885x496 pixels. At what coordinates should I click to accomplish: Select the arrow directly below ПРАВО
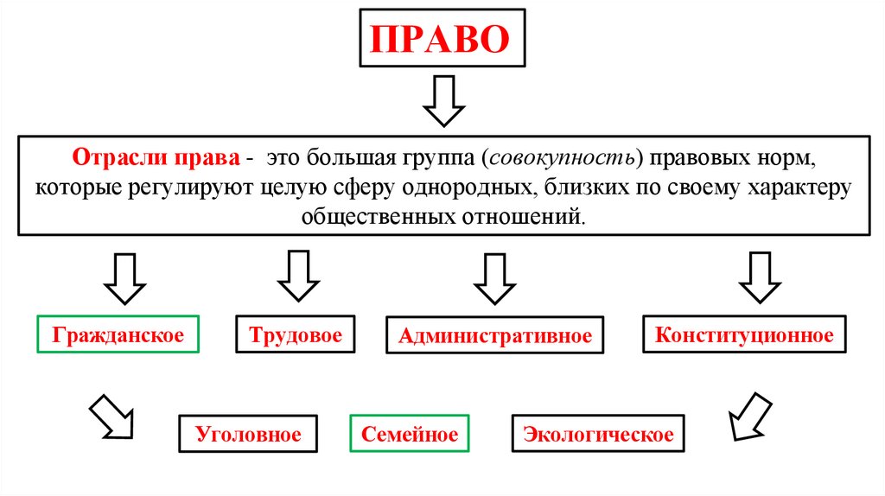(x=443, y=101)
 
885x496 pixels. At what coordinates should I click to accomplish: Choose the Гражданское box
(x=118, y=335)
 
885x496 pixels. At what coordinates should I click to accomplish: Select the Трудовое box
(x=296, y=335)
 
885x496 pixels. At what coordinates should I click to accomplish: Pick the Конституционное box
(x=744, y=335)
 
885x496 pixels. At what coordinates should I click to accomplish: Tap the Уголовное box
(x=248, y=434)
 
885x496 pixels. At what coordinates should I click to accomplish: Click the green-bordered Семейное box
(x=410, y=434)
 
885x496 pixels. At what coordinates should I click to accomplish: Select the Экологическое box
(x=598, y=434)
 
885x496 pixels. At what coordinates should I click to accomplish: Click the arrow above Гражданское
(x=124, y=277)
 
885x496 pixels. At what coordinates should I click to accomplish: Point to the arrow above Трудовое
(x=299, y=277)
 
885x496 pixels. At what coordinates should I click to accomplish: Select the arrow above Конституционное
(x=760, y=277)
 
